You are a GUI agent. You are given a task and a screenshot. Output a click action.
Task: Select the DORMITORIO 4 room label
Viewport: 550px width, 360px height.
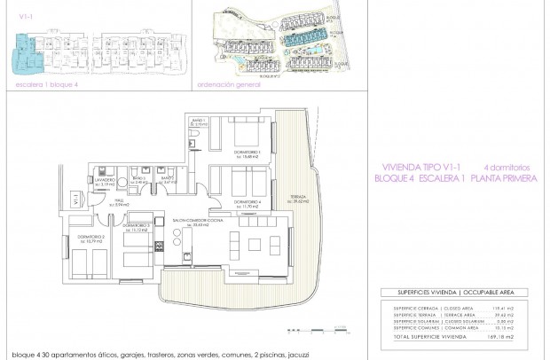237,201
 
